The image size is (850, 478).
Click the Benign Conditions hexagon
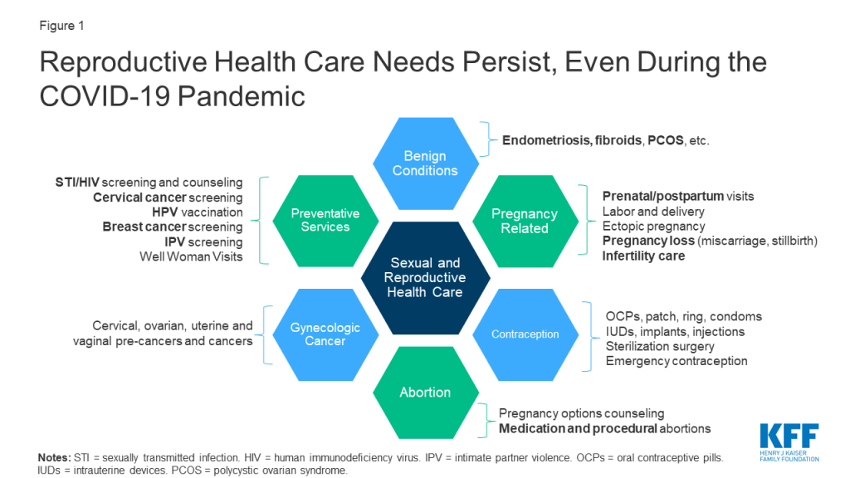pyautogui.click(x=426, y=163)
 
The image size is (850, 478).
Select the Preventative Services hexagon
pyautogui.click(x=325, y=221)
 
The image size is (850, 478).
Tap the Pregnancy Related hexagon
pyautogui.click(x=525, y=221)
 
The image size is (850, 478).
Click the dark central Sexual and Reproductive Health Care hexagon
pyautogui.click(x=426, y=277)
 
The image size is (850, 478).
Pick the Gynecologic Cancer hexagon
pyautogui.click(x=325, y=334)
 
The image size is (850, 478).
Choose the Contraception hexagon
pyautogui.click(x=525, y=334)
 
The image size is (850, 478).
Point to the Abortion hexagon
pyautogui.click(x=426, y=393)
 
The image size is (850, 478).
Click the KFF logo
pyautogui.click(x=789, y=442)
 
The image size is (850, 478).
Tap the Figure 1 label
pyautogui.click(x=61, y=26)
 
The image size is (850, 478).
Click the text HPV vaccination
pyautogui.click(x=198, y=212)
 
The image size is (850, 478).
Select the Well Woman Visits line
pyautogui.click(x=192, y=256)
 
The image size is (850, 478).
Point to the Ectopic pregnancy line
pyautogui.click(x=654, y=226)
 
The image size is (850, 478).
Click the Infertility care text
pyautogui.click(x=643, y=256)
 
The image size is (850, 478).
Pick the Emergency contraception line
pyautogui.click(x=677, y=361)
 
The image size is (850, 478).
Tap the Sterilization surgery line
pyautogui.click(x=660, y=346)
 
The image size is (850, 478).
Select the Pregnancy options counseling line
pyautogui.click(x=582, y=413)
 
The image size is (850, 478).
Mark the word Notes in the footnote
pyautogui.click(x=54, y=457)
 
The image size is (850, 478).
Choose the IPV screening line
pyautogui.click(x=204, y=241)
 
